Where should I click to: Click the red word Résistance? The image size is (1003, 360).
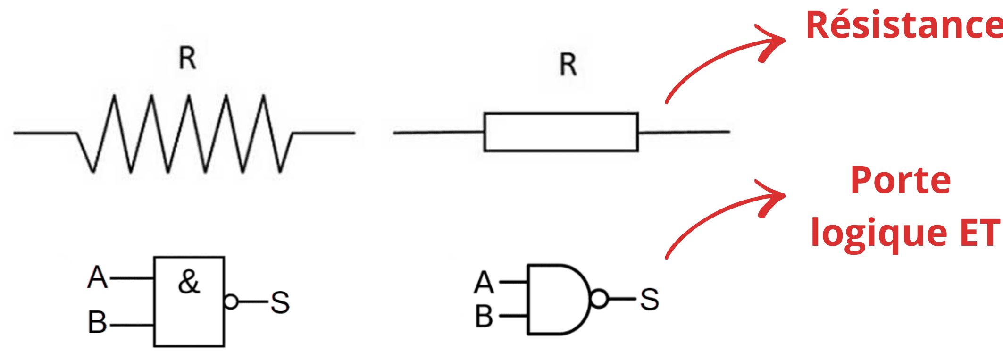[903, 25]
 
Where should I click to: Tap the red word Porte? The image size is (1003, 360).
[900, 181]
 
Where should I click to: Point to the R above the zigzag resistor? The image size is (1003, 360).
[187, 59]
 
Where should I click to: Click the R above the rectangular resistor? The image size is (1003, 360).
[568, 65]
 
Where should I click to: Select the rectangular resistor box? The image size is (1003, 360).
[561, 132]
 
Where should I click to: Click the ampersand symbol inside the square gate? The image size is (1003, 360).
[189, 282]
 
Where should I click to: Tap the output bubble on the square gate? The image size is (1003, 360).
[231, 301]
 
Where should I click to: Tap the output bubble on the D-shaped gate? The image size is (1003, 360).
[599, 299]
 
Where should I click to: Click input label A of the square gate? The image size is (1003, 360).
[98, 277]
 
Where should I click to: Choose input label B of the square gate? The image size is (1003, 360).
[97, 322]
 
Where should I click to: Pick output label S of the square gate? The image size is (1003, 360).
[280, 302]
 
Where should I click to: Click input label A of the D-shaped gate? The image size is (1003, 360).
[484, 283]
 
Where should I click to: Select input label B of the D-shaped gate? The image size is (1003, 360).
[484, 316]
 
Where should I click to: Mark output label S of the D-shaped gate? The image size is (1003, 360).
[649, 299]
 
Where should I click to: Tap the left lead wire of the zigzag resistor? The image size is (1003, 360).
[45, 133]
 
